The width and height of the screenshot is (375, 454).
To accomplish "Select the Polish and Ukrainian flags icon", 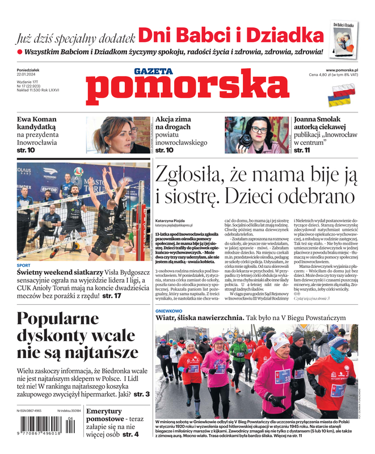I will point(343,94).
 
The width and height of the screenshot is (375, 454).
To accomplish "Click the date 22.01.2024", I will point(28,75).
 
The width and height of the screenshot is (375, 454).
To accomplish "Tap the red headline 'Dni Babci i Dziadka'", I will point(231,36).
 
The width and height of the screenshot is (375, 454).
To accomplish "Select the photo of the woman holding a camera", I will point(257,134).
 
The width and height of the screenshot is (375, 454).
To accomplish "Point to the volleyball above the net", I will point(78,171).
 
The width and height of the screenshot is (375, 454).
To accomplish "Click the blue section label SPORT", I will point(24,265).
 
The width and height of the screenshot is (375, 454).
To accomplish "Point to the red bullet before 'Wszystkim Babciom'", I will point(20,52).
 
